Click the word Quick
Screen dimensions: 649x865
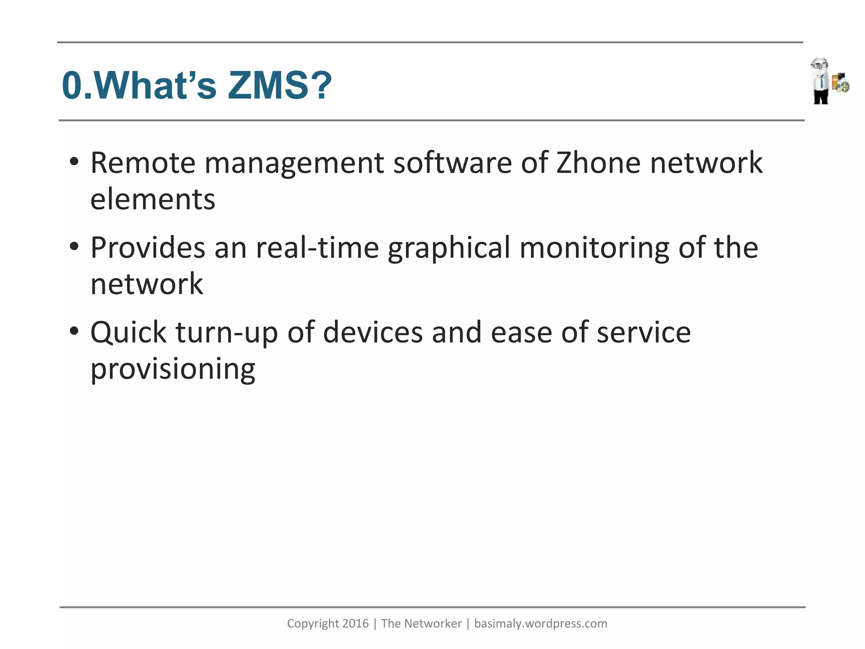128,333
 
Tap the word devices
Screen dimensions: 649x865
373,333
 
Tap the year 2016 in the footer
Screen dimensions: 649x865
355,624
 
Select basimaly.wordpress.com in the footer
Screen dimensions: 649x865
541,624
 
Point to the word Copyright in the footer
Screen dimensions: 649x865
313,624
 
